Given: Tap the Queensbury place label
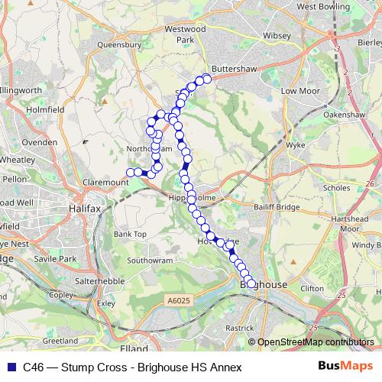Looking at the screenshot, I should [x=119, y=45].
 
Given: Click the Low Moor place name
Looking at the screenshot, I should [x=299, y=91].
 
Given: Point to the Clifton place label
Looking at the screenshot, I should [x=312, y=289].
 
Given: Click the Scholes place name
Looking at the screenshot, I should [x=337, y=187].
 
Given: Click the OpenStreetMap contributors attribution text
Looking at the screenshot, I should [x=316, y=342].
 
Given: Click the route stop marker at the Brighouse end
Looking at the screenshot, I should [x=251, y=284].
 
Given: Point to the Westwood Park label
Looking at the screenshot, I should [x=191, y=34].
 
